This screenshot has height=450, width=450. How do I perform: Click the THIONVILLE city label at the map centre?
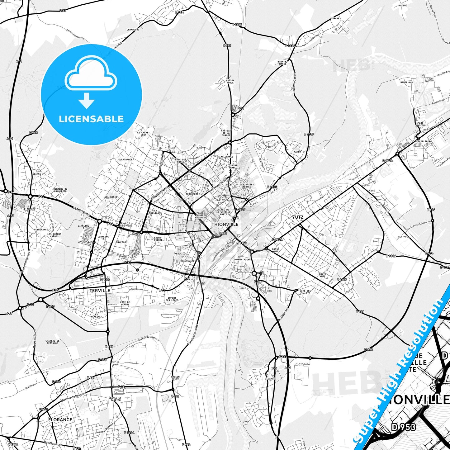click(225, 224)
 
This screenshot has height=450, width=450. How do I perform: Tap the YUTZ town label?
click(297, 217)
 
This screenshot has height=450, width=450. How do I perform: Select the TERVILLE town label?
click(100, 291)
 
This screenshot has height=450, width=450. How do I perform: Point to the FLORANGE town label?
click(60, 420)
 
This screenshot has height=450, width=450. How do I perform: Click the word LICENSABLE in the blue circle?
click(91, 119)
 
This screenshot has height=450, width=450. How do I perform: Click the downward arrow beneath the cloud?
click(87, 101)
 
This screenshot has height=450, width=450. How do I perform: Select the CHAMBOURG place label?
click(133, 30)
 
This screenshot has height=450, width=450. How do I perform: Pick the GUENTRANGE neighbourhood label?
click(125, 159)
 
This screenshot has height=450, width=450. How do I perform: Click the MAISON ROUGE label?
click(230, 82)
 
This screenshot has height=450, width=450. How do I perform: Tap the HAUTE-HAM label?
click(407, 83)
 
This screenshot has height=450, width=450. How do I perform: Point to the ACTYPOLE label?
click(404, 237)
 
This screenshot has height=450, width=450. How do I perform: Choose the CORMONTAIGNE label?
click(242, 259)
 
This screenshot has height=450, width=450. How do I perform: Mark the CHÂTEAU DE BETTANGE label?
click(52, 342)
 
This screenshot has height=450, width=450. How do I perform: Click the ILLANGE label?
click(270, 379)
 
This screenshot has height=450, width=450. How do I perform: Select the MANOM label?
click(297, 152)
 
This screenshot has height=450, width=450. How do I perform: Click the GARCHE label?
click(335, 19)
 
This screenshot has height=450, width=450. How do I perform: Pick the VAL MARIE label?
click(111, 197)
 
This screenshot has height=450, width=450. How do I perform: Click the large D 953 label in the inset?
click(404, 427)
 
